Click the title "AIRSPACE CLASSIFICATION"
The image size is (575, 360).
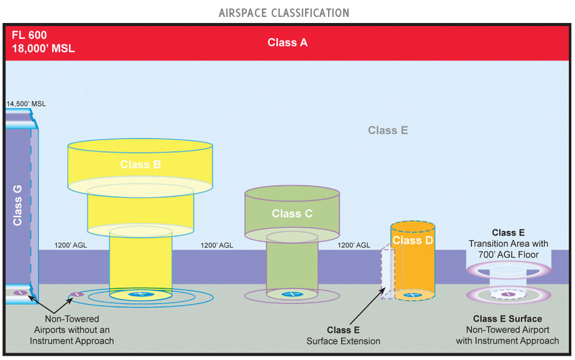284,13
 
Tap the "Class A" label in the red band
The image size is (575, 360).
287,42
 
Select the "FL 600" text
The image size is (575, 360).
28,36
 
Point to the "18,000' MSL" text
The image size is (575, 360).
43,48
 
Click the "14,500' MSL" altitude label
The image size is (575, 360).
26,104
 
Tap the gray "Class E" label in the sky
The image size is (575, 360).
387,130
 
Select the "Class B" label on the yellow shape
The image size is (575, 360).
140,164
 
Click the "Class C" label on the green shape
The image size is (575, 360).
292,214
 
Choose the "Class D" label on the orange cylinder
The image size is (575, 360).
413,240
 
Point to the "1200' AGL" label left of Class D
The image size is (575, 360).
353,246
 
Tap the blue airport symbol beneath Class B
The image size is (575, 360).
140,294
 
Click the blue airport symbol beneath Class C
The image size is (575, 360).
292,294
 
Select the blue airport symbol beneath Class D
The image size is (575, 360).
413,295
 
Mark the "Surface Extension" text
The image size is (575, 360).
343,341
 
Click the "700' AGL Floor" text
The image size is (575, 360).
508,255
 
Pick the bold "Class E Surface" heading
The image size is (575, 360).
507,318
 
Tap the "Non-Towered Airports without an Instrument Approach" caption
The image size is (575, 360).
79,330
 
